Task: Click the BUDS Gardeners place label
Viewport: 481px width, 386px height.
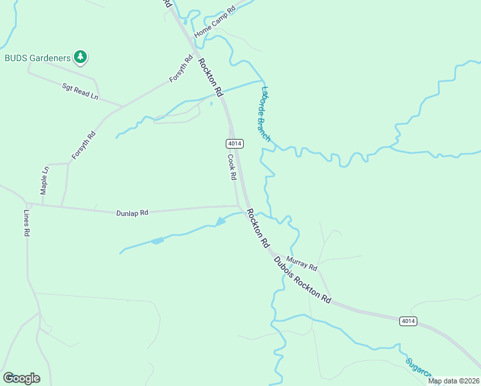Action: (x=37, y=58)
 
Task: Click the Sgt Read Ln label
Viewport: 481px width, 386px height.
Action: (x=80, y=91)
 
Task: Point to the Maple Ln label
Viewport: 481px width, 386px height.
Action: (x=44, y=181)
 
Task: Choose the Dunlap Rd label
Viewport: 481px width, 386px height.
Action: (x=132, y=212)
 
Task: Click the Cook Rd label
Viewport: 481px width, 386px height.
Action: (x=232, y=167)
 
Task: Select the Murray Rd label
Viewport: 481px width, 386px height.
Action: (x=302, y=262)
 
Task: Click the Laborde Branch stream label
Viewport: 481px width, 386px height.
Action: (x=266, y=114)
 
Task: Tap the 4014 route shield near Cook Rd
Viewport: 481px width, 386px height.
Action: (x=234, y=143)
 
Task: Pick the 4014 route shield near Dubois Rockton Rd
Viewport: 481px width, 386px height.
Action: (x=407, y=321)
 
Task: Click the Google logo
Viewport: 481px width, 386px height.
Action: (x=21, y=378)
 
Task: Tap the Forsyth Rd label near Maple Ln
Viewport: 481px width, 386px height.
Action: (x=83, y=145)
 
